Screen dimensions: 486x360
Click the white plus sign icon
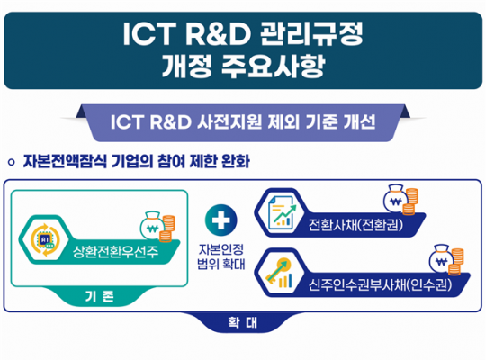[x=221, y=220]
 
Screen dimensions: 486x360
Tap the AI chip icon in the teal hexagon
[x=45, y=240]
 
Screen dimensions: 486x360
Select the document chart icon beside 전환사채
[x=281, y=213]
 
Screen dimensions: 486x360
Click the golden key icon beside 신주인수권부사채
[x=279, y=272]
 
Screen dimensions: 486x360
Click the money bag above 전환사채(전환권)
[x=395, y=201]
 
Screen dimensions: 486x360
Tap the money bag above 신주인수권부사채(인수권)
[x=441, y=260]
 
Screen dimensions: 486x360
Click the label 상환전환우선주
[x=115, y=251]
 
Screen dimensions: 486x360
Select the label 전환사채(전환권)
[x=355, y=224]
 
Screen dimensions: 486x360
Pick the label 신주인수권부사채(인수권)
[x=380, y=284]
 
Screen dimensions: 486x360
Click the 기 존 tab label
[x=99, y=296]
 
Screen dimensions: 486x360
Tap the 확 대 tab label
[x=243, y=322]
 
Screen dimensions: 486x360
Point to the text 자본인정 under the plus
[x=221, y=249]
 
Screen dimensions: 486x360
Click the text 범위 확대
[x=221, y=264]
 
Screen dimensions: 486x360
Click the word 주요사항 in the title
[x=273, y=66]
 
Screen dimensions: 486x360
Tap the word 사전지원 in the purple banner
[x=229, y=121]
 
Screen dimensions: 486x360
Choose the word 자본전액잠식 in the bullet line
[x=65, y=161]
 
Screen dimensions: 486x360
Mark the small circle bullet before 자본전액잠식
[x=12, y=162]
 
